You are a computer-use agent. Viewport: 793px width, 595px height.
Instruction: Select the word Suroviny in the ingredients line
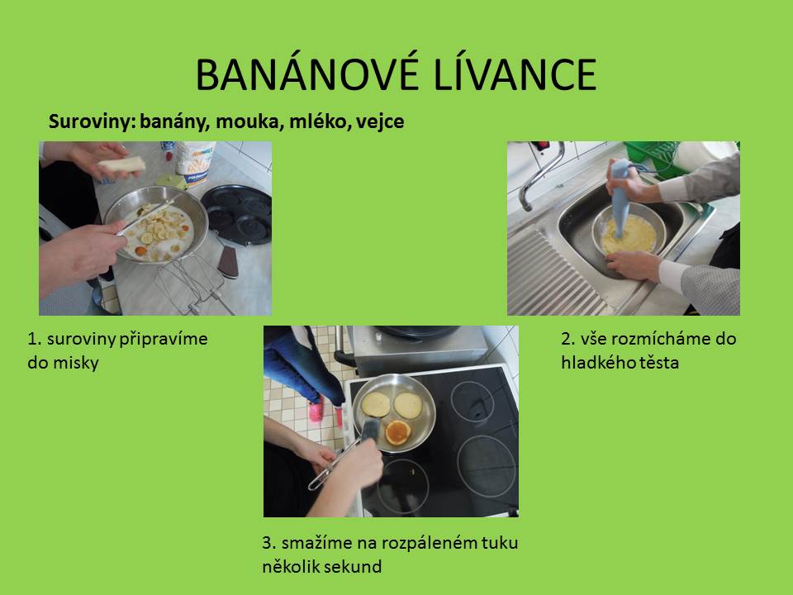coord(91,122)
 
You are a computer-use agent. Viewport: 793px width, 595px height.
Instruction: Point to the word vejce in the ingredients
coord(379,122)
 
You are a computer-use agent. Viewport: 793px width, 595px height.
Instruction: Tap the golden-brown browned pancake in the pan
coord(398,432)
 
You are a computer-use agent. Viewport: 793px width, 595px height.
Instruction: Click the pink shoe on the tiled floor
coord(316,409)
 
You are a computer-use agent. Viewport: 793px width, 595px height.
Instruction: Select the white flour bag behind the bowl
coord(195,162)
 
